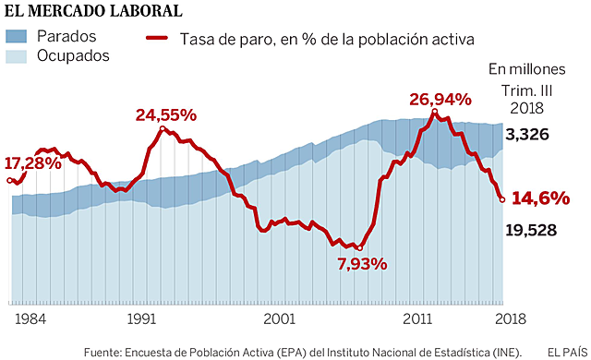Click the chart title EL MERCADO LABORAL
point(92,12)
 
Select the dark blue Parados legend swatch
point(19,37)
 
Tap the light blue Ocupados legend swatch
point(19,55)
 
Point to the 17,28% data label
point(33,162)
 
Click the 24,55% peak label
point(166,115)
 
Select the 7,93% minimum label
point(362,264)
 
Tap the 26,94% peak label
point(440,99)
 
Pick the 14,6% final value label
point(541,198)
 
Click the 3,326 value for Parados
point(529,135)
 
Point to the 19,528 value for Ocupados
point(531,229)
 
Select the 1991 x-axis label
point(141,318)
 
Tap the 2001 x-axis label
point(279,318)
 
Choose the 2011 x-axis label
point(418,318)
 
